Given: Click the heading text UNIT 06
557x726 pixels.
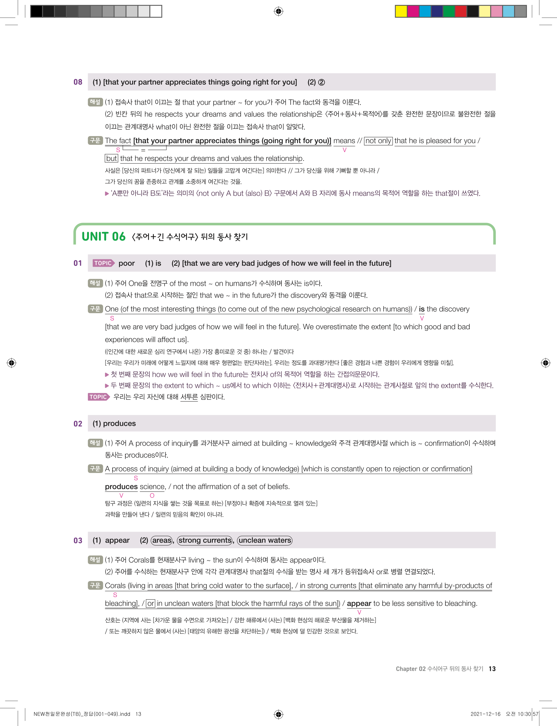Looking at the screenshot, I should (x=103, y=237).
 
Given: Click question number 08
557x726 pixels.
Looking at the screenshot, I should (x=78, y=82).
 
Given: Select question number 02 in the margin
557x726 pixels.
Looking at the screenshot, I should (x=78, y=424).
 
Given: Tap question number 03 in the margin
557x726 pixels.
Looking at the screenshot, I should (x=78, y=540).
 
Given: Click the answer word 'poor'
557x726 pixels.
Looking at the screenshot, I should (x=127, y=263).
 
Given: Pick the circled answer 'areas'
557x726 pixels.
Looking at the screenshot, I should (x=162, y=540).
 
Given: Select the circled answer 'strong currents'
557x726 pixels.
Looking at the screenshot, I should (x=205, y=540).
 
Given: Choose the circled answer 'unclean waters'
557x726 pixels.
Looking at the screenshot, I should (x=265, y=540).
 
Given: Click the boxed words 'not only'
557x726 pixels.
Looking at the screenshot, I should (x=378, y=141).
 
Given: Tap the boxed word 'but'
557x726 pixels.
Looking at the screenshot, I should (x=111, y=159).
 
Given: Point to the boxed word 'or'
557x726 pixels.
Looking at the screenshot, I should (x=151, y=603).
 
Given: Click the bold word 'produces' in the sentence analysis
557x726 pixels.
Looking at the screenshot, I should (x=121, y=487).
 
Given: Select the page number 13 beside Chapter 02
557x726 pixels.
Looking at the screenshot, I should (x=492, y=669).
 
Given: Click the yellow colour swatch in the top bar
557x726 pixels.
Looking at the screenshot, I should (x=401, y=12).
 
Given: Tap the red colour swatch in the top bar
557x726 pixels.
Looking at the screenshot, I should (x=460, y=12).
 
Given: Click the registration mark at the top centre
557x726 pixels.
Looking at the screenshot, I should (x=278, y=12).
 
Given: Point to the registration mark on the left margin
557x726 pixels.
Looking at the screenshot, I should (x=12, y=363).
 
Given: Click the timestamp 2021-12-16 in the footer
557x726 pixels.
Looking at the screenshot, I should (x=485, y=714).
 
